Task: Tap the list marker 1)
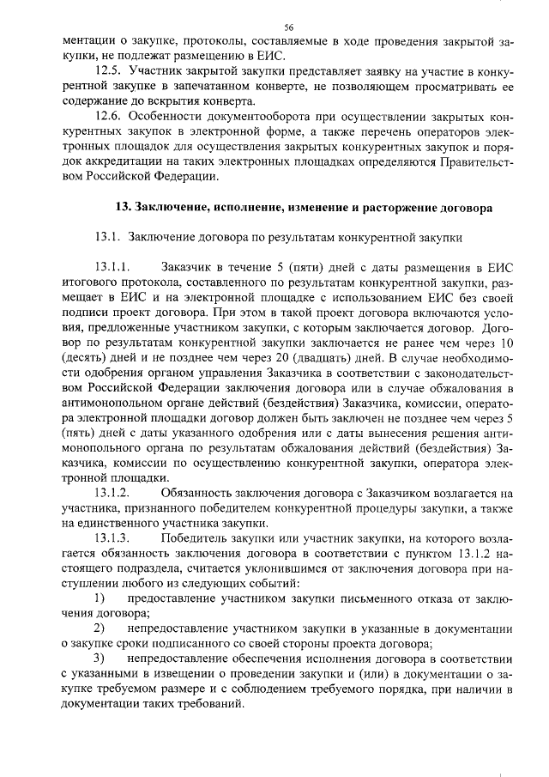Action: click(100, 597)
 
